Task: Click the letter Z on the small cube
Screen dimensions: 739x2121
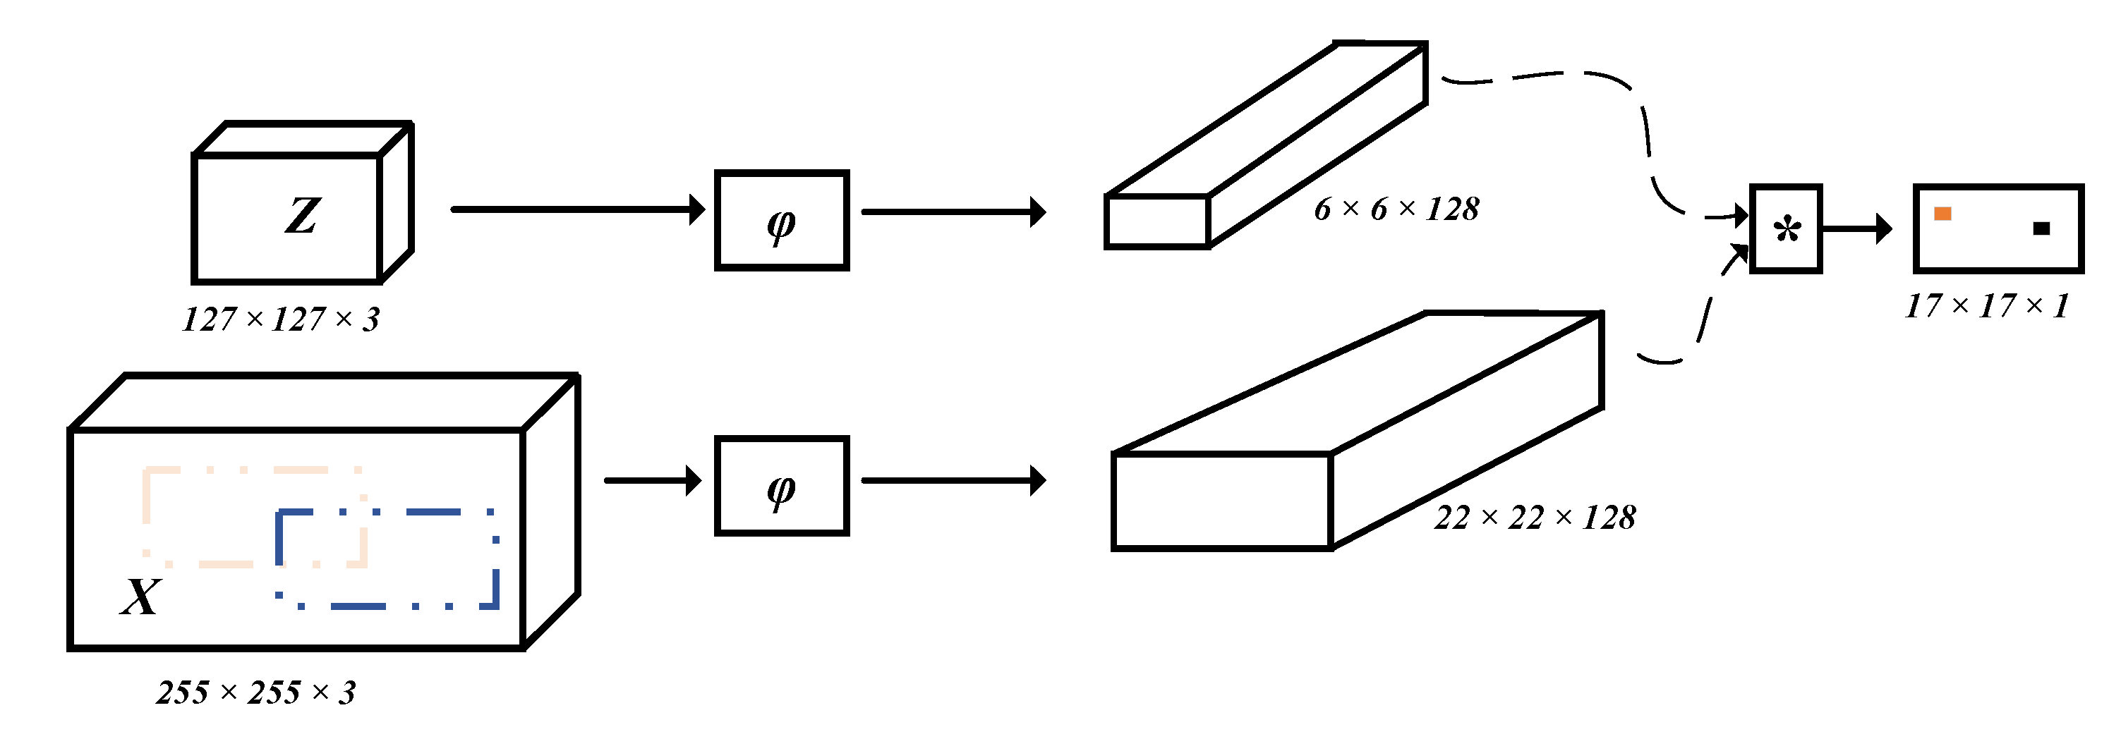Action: (x=302, y=216)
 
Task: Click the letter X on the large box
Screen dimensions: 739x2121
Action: (x=141, y=597)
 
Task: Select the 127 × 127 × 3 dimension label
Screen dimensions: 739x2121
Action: (x=281, y=319)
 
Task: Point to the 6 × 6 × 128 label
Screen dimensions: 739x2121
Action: (x=1396, y=209)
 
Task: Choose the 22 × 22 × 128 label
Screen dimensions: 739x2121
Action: (x=1535, y=518)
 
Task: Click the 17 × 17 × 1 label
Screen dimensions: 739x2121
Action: (x=1987, y=306)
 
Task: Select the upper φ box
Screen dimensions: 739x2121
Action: (x=781, y=221)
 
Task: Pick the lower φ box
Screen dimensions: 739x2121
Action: (x=781, y=487)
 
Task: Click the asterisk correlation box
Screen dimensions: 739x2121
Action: (x=1786, y=228)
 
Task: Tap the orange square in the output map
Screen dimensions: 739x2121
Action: (x=1942, y=214)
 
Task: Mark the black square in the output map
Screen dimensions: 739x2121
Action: (x=2041, y=228)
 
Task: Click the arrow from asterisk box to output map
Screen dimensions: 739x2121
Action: (x=1856, y=228)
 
